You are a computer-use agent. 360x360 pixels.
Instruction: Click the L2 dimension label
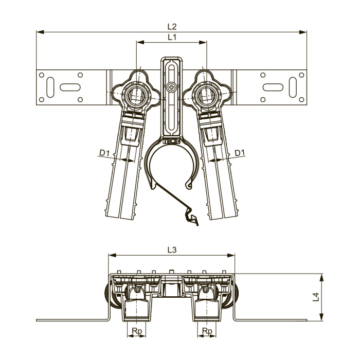coord(172,27)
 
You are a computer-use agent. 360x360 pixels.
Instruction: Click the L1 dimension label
coord(172,37)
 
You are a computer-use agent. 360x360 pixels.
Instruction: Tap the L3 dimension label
coord(172,250)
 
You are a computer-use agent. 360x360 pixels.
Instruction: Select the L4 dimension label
coord(316,297)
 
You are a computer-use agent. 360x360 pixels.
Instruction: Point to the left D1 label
coord(104,153)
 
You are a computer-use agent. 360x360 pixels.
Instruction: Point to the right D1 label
coord(240,153)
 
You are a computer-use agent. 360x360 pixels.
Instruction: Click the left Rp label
coord(137,331)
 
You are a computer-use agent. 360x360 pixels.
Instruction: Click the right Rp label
coord(207,331)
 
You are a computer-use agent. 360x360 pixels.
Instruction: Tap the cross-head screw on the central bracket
coord(171,87)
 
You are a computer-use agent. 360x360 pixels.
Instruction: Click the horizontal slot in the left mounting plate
coord(70,87)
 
